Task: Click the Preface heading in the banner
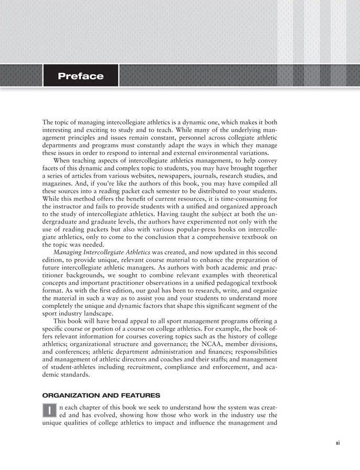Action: pos(81,77)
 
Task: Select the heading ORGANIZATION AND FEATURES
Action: pos(101,394)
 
